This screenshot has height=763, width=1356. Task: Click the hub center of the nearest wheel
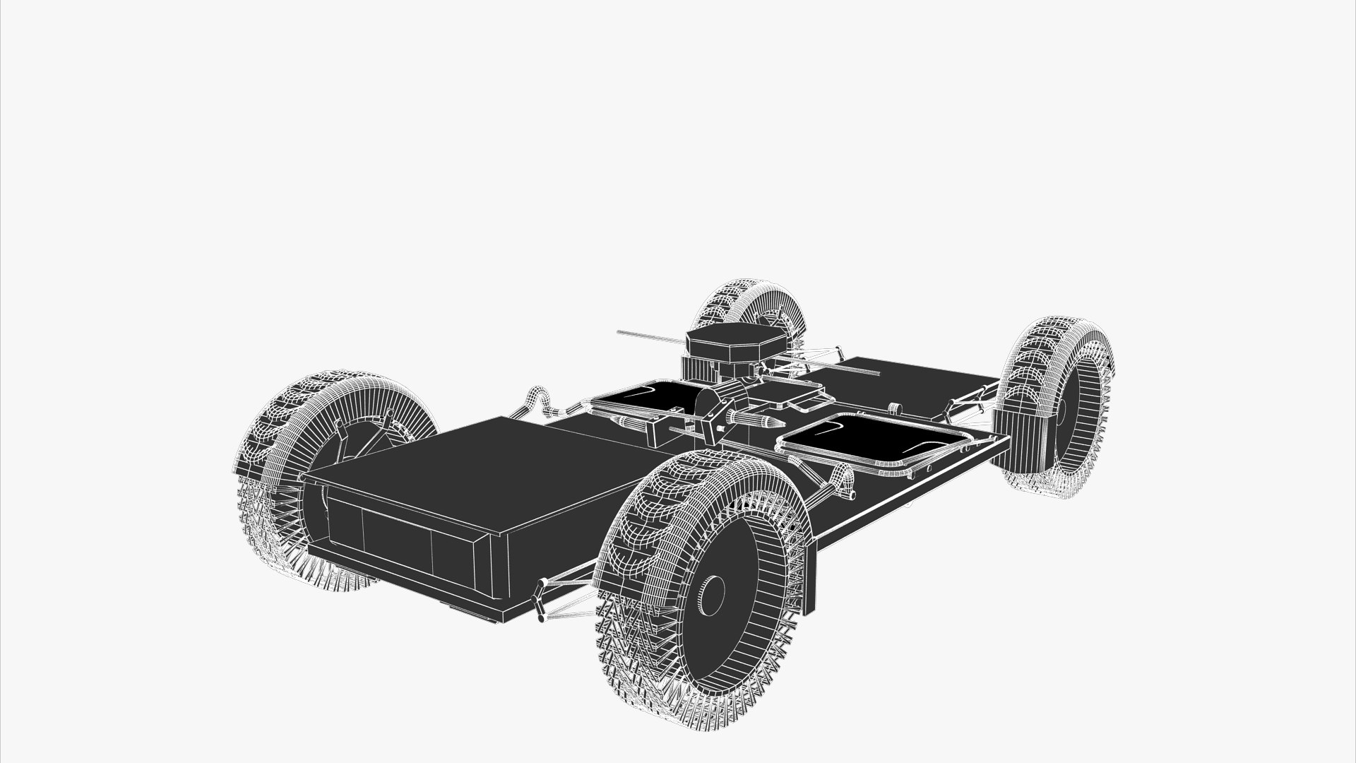pyautogui.click(x=712, y=589)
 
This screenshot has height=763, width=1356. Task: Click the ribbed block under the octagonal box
pyautogui.click(x=699, y=369)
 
